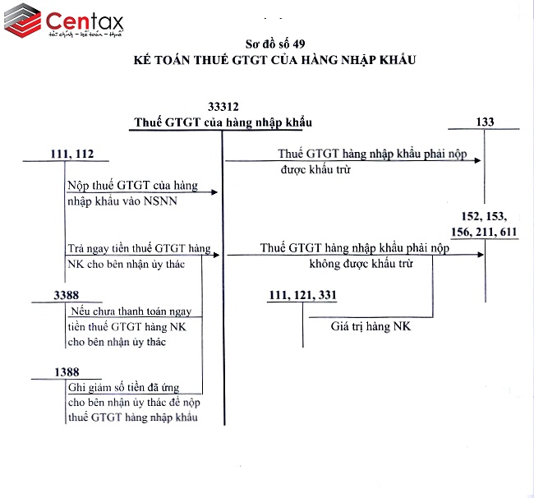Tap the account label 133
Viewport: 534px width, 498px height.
pyautogui.click(x=485, y=122)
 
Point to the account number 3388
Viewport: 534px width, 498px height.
pyautogui.click(x=67, y=294)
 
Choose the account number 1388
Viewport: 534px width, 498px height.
pyautogui.click(x=67, y=372)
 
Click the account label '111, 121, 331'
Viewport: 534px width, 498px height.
pyautogui.click(x=302, y=295)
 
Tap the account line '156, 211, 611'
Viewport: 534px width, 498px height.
pyautogui.click(x=485, y=232)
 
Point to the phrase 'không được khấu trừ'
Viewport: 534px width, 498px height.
pyautogui.click(x=361, y=264)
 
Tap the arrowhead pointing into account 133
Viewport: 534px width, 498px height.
pyautogui.click(x=479, y=160)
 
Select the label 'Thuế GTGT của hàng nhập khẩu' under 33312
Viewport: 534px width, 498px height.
pyautogui.click(x=223, y=122)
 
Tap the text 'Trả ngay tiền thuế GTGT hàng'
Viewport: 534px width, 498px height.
pyautogui.click(x=139, y=248)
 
